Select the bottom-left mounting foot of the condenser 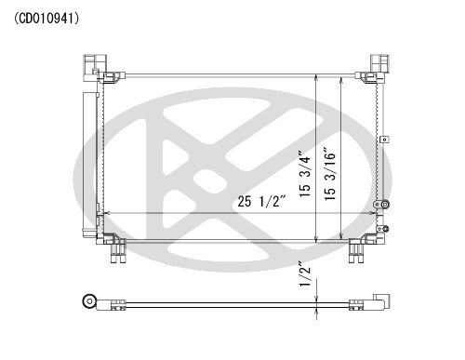116,248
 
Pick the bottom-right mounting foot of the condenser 357,248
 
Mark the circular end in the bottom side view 90,300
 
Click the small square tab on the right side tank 380,140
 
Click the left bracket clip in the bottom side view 119,303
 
